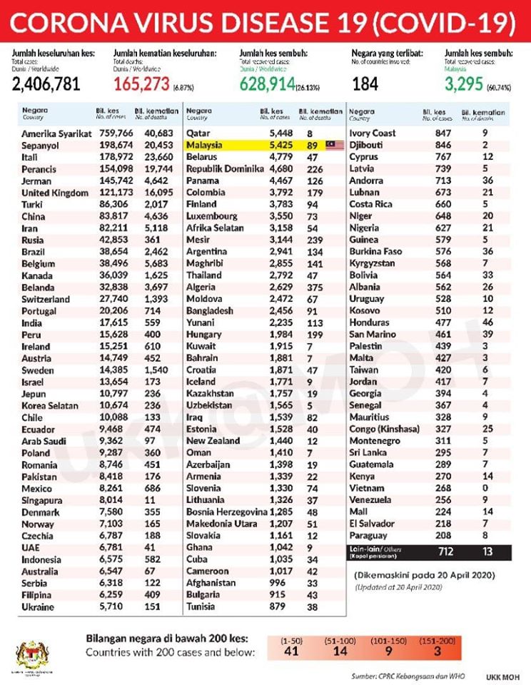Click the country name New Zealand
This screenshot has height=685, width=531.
pos(213,441)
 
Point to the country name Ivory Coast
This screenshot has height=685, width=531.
pos(373,133)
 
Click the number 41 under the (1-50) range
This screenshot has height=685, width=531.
pos(290,651)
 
